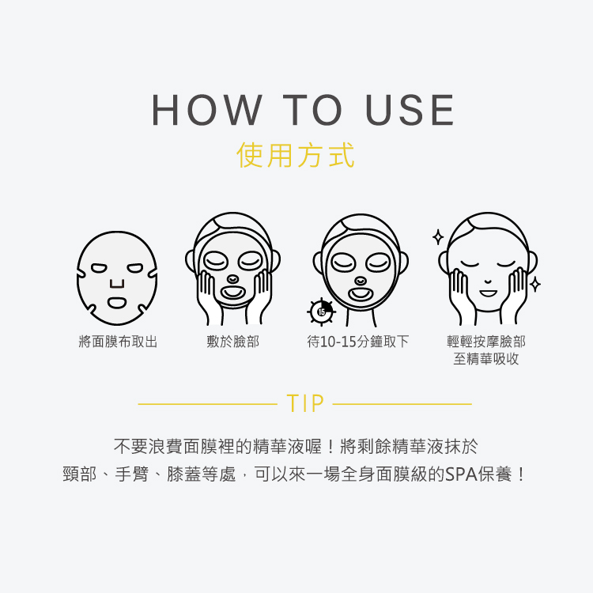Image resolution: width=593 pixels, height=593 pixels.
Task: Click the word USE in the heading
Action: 410,111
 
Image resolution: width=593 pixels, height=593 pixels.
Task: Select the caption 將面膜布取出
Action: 118,342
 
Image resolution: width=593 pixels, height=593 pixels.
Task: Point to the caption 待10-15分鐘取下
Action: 358,342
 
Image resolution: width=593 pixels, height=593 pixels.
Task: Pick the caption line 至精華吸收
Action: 486,360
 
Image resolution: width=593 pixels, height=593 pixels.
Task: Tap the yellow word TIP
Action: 306,404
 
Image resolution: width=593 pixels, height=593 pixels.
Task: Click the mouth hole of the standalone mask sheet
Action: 117,302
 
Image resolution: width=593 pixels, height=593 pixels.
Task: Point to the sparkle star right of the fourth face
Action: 535,284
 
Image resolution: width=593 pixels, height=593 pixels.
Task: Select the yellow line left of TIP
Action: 207,404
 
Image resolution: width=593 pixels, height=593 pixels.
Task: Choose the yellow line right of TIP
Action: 402,404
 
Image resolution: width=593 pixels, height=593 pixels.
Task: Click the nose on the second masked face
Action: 232,279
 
